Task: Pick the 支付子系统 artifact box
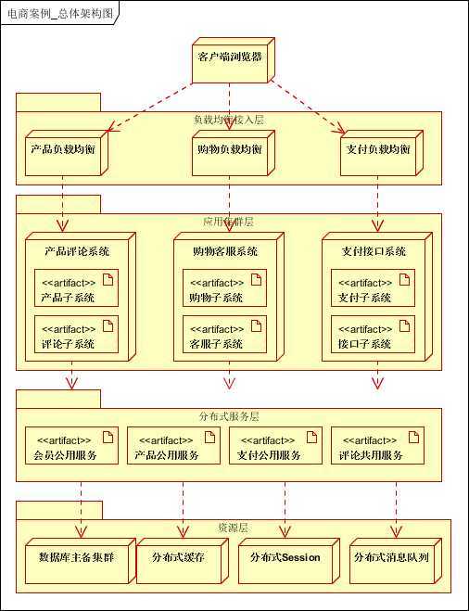click(x=371, y=289)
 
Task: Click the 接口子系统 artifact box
click(x=371, y=336)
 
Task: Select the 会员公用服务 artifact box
click(x=70, y=447)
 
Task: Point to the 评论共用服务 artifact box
click(x=377, y=447)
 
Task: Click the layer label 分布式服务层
click(x=229, y=416)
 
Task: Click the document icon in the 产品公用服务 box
click(x=209, y=437)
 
